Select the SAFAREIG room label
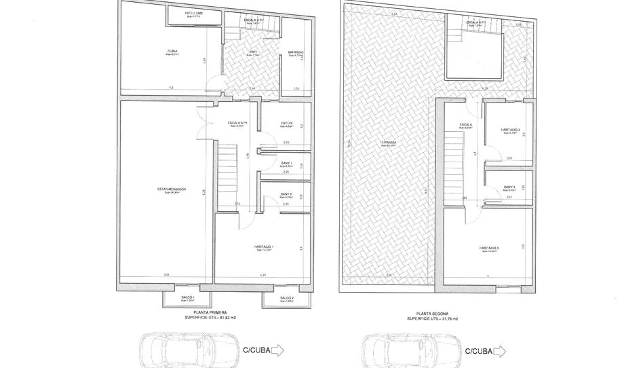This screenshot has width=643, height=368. point(296,52)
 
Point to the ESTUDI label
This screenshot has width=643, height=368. point(286,124)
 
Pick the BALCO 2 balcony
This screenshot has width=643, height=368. point(286,299)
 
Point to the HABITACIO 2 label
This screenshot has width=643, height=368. point(510,130)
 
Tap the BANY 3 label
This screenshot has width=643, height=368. point(510,188)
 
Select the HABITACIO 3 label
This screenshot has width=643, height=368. point(488,249)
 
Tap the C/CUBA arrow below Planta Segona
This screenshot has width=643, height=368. point(499,350)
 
